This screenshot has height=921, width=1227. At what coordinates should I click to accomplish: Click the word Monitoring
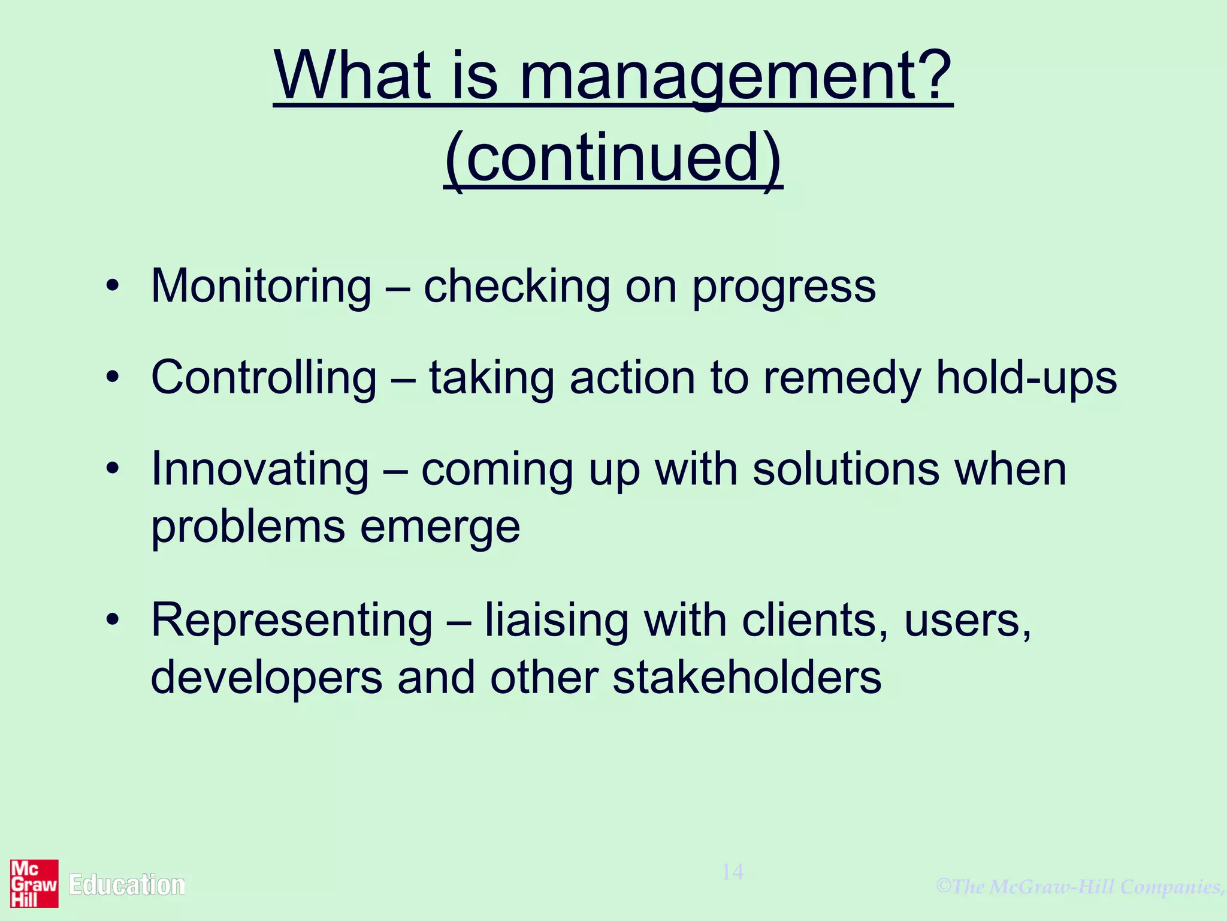point(261,287)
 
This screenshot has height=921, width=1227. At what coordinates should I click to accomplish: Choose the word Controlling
point(264,378)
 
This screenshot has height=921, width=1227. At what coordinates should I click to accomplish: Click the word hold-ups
point(1026,378)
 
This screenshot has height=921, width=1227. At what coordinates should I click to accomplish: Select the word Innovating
point(260,469)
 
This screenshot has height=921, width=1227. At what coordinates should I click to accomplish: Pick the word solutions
point(845,469)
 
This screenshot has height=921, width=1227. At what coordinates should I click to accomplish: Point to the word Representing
point(292,621)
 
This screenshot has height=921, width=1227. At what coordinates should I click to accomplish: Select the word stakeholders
point(747,678)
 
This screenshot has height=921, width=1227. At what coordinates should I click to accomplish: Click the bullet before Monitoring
point(113,286)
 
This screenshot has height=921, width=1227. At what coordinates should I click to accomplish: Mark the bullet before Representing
point(113,619)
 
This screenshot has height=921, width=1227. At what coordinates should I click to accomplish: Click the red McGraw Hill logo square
point(34,883)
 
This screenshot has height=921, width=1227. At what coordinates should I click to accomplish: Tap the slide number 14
point(732,872)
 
